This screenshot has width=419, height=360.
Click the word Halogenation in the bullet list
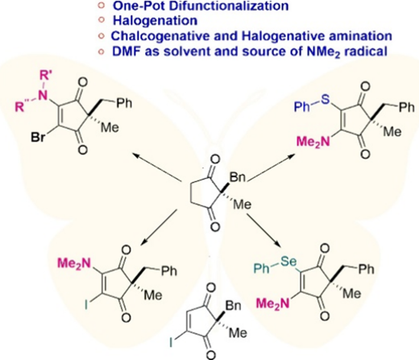(156, 21)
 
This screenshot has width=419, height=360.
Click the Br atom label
(39, 138)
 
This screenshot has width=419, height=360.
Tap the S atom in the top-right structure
(325, 100)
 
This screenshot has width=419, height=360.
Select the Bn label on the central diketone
(238, 178)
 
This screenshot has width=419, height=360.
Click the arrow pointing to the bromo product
(158, 167)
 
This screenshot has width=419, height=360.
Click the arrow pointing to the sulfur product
(272, 168)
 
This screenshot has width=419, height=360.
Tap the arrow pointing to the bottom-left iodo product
(159, 227)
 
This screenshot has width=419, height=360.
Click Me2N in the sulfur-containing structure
(313, 142)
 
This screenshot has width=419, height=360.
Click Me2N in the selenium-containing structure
(272, 304)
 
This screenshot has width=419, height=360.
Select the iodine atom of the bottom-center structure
(172, 341)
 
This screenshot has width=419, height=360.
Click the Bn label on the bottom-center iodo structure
(233, 306)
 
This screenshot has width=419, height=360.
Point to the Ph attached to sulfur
(301, 108)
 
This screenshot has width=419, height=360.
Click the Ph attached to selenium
(261, 269)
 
